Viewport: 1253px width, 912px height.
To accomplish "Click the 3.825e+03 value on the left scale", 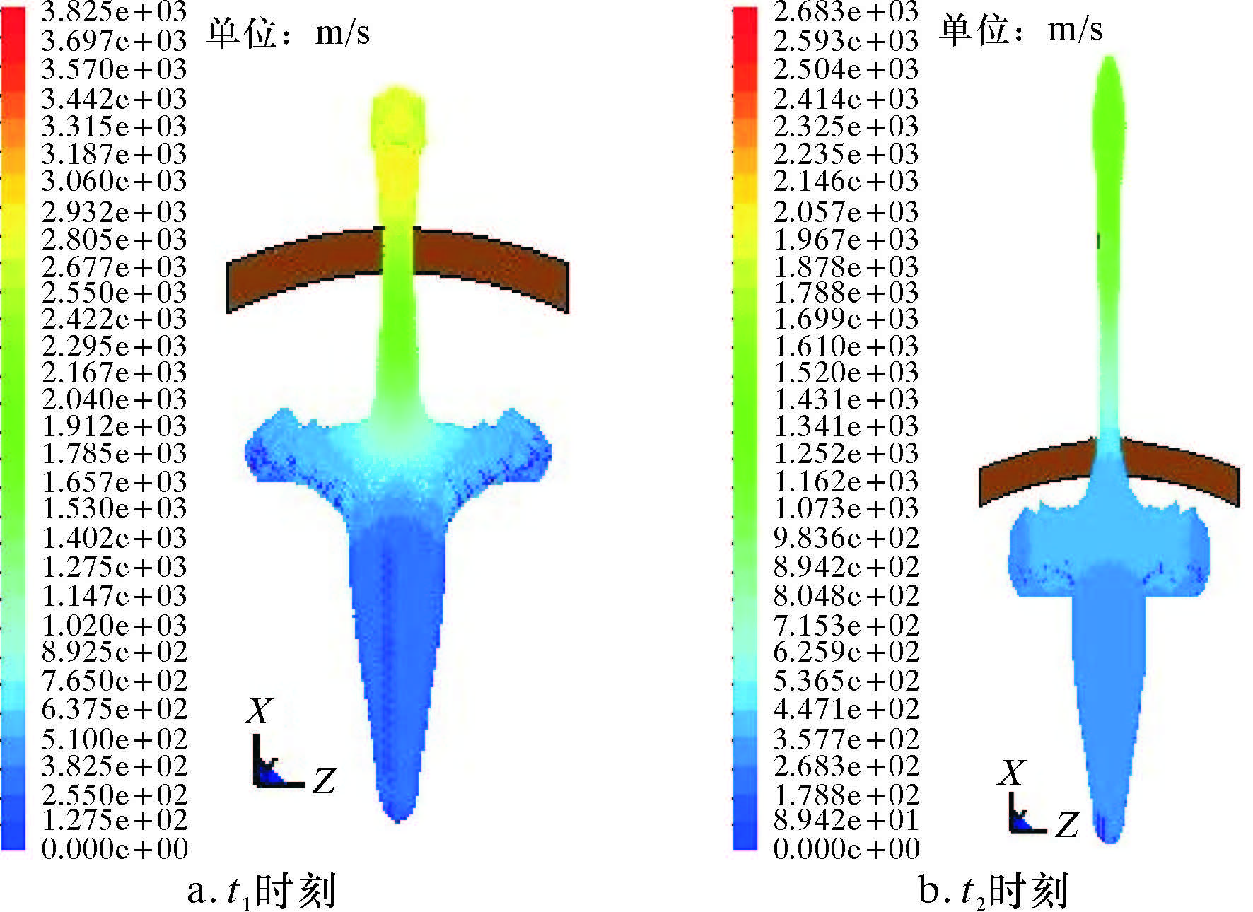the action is point(115,12).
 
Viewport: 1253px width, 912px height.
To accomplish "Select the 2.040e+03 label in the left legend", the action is point(115,399).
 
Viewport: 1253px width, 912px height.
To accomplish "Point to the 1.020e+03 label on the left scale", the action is point(115,625).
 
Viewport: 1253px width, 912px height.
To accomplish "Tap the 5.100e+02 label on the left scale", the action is point(115,739).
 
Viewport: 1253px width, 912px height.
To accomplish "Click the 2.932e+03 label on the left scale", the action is point(115,211).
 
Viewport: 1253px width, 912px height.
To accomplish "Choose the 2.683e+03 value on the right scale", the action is point(846,12).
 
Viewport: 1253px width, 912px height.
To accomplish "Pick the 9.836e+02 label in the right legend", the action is point(846,538).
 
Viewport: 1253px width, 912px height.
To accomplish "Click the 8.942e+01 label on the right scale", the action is point(846,820).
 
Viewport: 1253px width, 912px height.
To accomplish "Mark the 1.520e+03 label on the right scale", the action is point(846,373).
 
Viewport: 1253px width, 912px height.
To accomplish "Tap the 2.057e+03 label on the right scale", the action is point(846,211).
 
